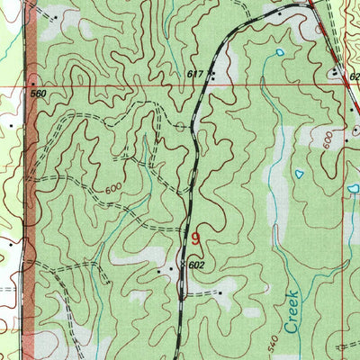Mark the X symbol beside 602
click(183, 265)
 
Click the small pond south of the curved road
click(280, 52)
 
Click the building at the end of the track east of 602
click(219, 292)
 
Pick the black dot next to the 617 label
click(213, 74)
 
